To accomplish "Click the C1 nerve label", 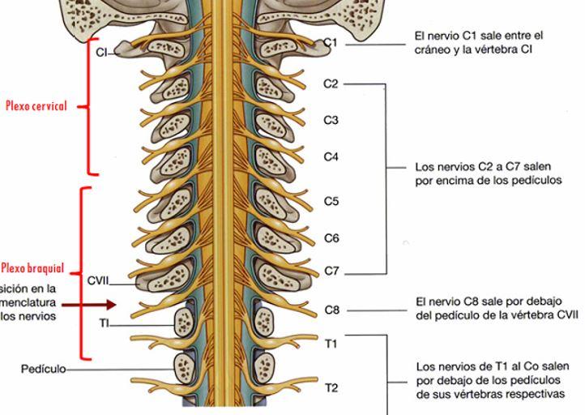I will pyautogui.click(x=331, y=42).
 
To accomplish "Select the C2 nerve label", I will pyautogui.click(x=331, y=83).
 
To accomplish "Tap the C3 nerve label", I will pyautogui.click(x=331, y=120).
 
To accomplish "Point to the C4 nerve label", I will pyautogui.click(x=331, y=156).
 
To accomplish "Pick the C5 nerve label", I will pyautogui.click(x=331, y=201).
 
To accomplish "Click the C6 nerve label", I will pyautogui.click(x=331, y=238).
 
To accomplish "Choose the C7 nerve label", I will pyautogui.click(x=331, y=271).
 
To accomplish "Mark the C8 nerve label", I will pyautogui.click(x=331, y=310).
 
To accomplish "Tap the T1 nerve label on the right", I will pyautogui.click(x=331, y=344).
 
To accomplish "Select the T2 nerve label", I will pyautogui.click(x=331, y=387).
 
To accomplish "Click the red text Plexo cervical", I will pyautogui.click(x=36, y=106).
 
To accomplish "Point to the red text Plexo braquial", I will pyautogui.click(x=32, y=268).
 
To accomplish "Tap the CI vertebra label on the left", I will pyautogui.click(x=101, y=53).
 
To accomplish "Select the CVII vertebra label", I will pyautogui.click(x=98, y=281).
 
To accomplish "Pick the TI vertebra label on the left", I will pyautogui.click(x=104, y=323).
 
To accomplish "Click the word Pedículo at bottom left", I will pyautogui.click(x=43, y=369).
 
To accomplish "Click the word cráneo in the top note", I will pyautogui.click(x=434, y=49).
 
